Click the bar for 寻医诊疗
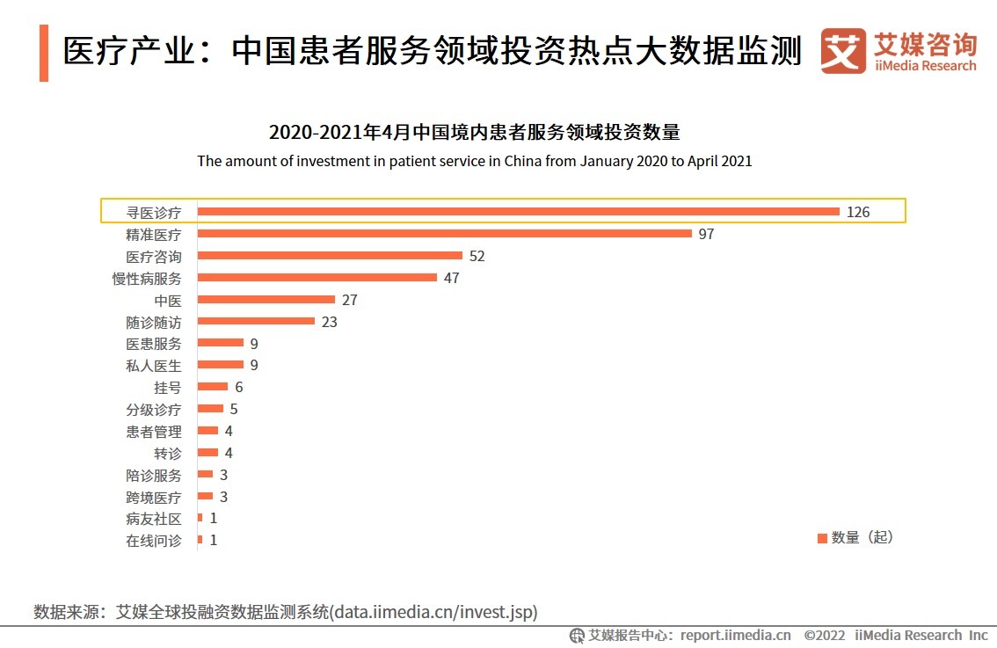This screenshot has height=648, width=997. (519, 212)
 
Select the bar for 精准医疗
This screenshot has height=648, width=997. (445, 234)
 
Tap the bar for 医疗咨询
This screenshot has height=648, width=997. (331, 256)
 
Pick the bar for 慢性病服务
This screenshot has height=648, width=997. (317, 278)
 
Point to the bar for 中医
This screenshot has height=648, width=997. (266, 300)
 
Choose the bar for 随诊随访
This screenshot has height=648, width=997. (256, 321)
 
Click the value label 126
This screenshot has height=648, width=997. (858, 212)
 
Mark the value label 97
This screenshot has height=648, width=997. (706, 234)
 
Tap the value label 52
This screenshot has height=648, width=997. (477, 256)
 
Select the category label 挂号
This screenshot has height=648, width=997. (167, 387)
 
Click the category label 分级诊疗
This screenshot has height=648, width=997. (154, 409)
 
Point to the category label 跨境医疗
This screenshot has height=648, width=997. (154, 497)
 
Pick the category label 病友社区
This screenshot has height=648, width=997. (154, 519)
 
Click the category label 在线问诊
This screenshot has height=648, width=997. (154, 541)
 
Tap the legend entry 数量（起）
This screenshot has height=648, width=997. (855, 537)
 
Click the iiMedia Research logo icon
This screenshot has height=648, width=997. (842, 52)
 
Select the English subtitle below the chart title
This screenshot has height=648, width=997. (475, 162)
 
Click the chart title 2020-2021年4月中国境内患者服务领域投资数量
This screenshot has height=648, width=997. (475, 133)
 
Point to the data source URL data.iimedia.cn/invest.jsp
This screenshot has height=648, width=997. (435, 611)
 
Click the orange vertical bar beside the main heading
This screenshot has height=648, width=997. (44, 54)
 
